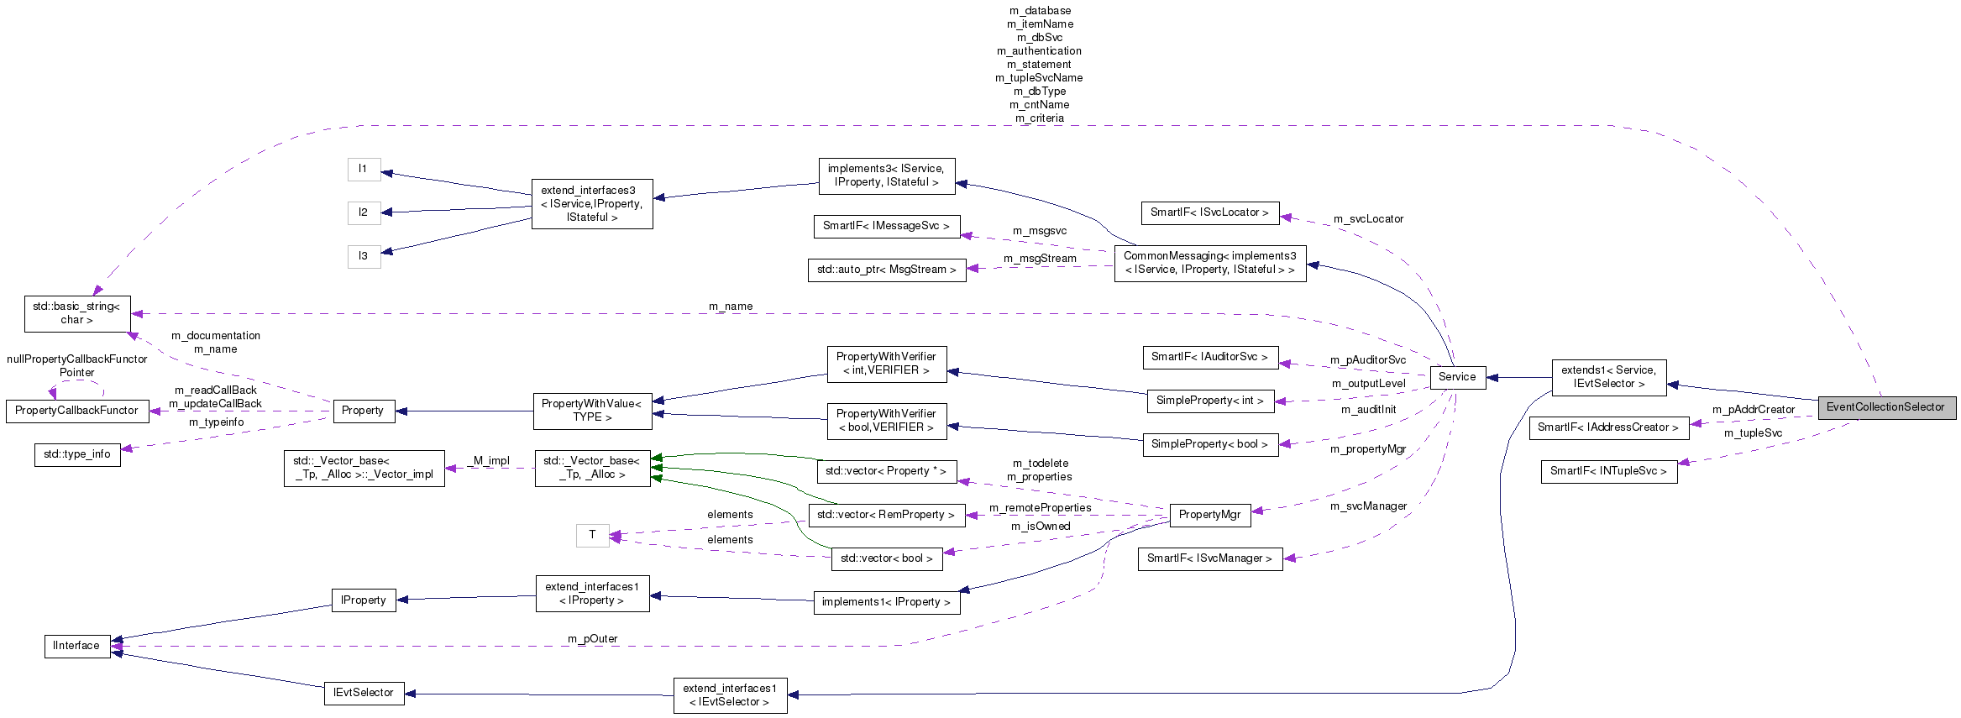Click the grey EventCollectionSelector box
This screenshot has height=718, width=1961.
tap(1885, 407)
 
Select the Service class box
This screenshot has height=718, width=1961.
tap(1456, 377)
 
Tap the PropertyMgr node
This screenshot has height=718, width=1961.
tap(1209, 515)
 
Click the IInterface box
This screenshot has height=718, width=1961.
tap(76, 646)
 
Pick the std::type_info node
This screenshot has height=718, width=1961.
tap(77, 454)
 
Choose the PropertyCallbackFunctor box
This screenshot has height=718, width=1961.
tap(76, 411)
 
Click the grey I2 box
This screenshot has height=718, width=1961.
tap(364, 212)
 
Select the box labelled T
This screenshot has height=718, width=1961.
tap(592, 535)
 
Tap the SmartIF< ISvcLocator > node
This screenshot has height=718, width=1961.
tap(1209, 212)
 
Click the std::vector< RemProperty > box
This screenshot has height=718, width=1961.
tap(885, 515)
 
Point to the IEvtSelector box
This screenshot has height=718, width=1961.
tap(364, 693)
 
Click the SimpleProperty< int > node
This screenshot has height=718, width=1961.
tap(1209, 401)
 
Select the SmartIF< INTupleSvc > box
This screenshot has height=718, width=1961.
tap(1608, 471)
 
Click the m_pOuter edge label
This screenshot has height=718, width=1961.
tap(592, 639)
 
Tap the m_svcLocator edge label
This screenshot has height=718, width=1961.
tap(1368, 219)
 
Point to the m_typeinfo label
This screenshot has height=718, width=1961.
tap(217, 422)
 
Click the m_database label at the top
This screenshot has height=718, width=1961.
tap(1040, 11)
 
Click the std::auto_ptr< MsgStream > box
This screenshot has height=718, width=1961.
tap(886, 270)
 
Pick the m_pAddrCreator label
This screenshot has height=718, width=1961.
tap(1754, 410)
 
